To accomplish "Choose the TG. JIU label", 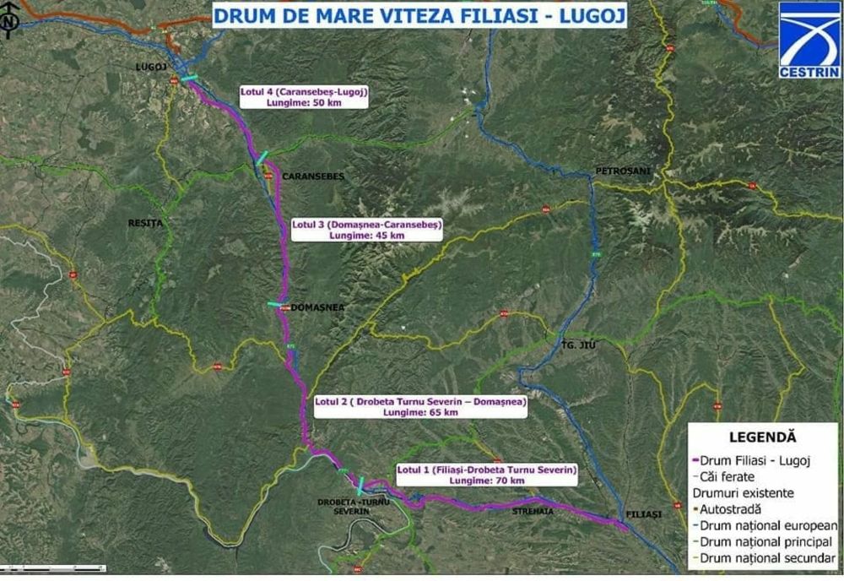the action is point(578,345).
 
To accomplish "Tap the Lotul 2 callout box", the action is point(419,406).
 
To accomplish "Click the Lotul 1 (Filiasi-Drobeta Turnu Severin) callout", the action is point(487,474).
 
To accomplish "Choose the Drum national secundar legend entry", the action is point(765,557).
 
